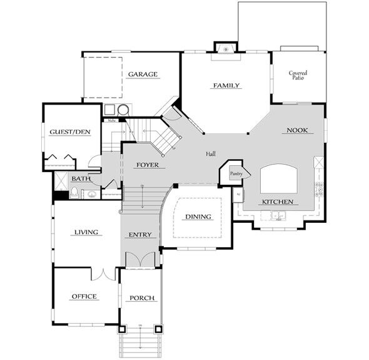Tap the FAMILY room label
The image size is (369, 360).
pos(226,85)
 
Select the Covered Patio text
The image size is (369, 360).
pos(298,76)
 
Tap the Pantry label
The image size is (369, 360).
pos(236,173)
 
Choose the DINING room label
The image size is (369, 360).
pos(198,217)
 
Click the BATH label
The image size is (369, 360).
pos(81,179)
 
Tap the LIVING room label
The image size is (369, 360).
pos(86,232)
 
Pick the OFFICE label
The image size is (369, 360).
pos(84,296)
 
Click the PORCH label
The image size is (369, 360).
pos(141,298)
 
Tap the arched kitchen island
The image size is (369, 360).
pos(278,179)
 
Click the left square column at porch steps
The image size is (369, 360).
pos(123,328)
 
